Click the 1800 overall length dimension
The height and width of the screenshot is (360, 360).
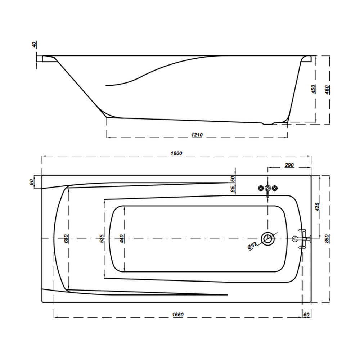click(176, 153)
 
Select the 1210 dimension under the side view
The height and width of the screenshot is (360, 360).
click(197, 135)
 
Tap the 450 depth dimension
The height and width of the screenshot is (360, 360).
click(314, 89)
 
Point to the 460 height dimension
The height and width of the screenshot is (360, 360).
click(327, 90)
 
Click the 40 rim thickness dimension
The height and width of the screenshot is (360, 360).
click(34, 45)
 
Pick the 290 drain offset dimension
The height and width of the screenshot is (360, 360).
click(289, 165)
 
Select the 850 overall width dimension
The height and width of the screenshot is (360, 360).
click(327, 239)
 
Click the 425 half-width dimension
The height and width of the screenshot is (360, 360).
click(317, 207)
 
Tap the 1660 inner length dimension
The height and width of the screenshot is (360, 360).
click(178, 315)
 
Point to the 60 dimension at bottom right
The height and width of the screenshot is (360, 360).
click(306, 315)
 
